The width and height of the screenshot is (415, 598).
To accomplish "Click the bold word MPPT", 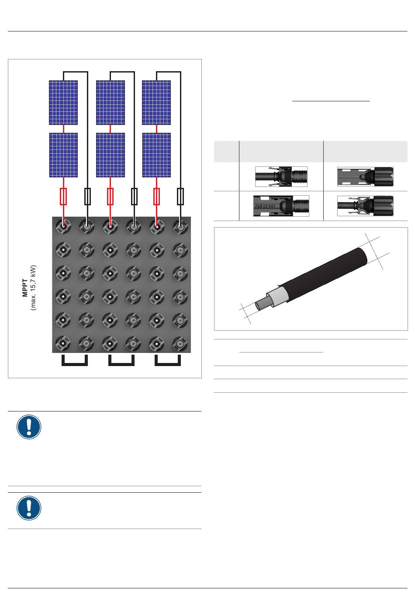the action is pos(25,287).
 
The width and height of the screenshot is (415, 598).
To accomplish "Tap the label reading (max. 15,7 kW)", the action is pos(33,287).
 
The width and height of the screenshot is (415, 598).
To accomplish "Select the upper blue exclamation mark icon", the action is pos(29,427).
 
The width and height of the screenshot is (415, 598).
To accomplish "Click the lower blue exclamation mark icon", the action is pos(29,508).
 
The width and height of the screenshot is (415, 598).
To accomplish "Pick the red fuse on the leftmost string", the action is pos(63,197).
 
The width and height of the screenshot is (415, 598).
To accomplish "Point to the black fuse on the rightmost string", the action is pos(180,197).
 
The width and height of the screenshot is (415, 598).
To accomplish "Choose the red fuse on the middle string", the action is pos(110,197).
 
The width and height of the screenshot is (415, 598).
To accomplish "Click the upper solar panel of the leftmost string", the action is pos(63,103).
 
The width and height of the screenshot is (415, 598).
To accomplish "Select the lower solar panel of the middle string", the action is pos(110,155).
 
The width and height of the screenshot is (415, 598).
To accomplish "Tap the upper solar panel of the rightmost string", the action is pos(156,103).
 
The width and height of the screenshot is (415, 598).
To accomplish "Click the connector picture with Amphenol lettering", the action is pos(281,206).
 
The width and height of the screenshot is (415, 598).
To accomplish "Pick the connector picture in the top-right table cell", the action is pos(365,176).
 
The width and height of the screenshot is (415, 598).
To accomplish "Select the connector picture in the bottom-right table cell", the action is pos(365,206).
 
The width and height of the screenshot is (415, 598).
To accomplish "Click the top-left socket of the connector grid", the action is pos(63,227).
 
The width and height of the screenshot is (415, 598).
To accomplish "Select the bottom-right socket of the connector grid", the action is pos(180,343).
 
